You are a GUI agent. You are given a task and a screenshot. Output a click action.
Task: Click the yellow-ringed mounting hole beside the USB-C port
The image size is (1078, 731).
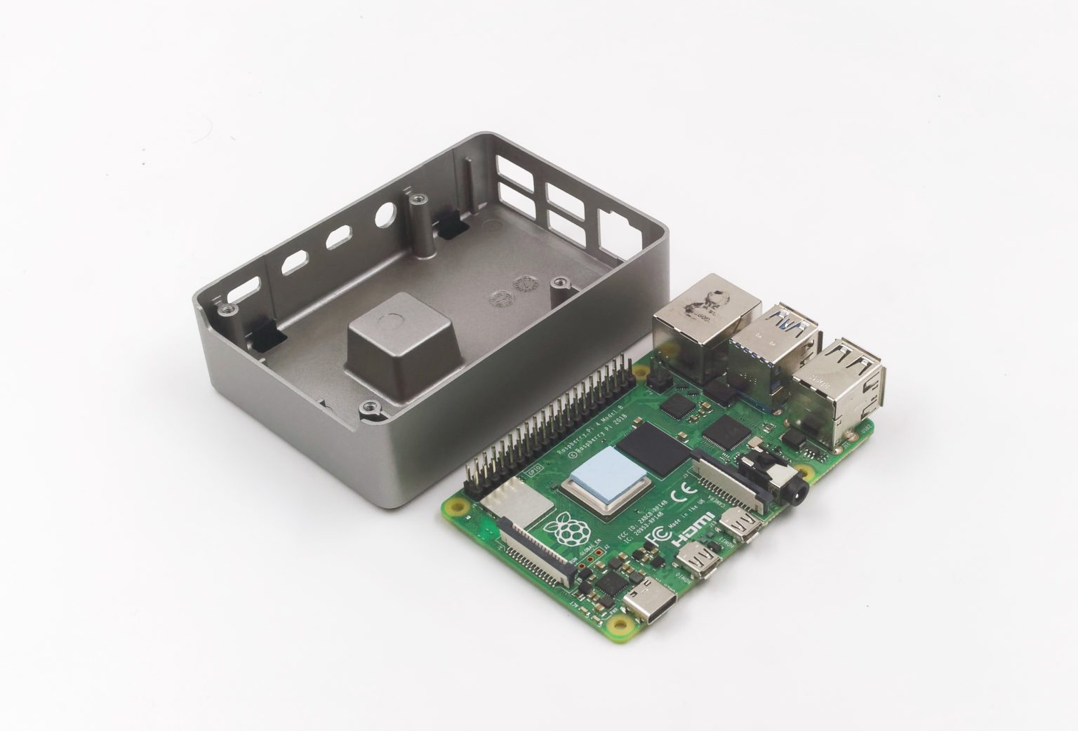point(619,622)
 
